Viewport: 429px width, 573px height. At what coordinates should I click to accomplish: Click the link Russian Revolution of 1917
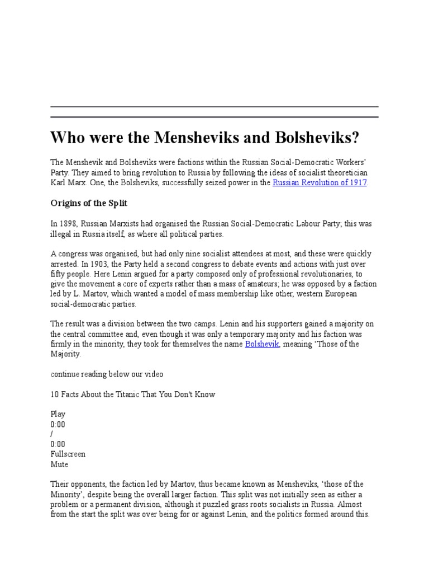coord(320,183)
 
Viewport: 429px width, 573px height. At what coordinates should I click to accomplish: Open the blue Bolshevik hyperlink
coord(262,344)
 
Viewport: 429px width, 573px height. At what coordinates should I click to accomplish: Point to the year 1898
coord(68,223)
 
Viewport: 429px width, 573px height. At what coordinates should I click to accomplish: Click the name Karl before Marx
coord(58,183)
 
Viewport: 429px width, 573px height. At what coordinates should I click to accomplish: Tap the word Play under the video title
coord(58,414)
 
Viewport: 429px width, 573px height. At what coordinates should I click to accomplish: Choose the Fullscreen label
coord(68,454)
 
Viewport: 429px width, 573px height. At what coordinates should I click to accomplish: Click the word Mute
coord(59,464)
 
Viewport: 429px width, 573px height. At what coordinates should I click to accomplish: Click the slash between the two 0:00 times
coord(52,434)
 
